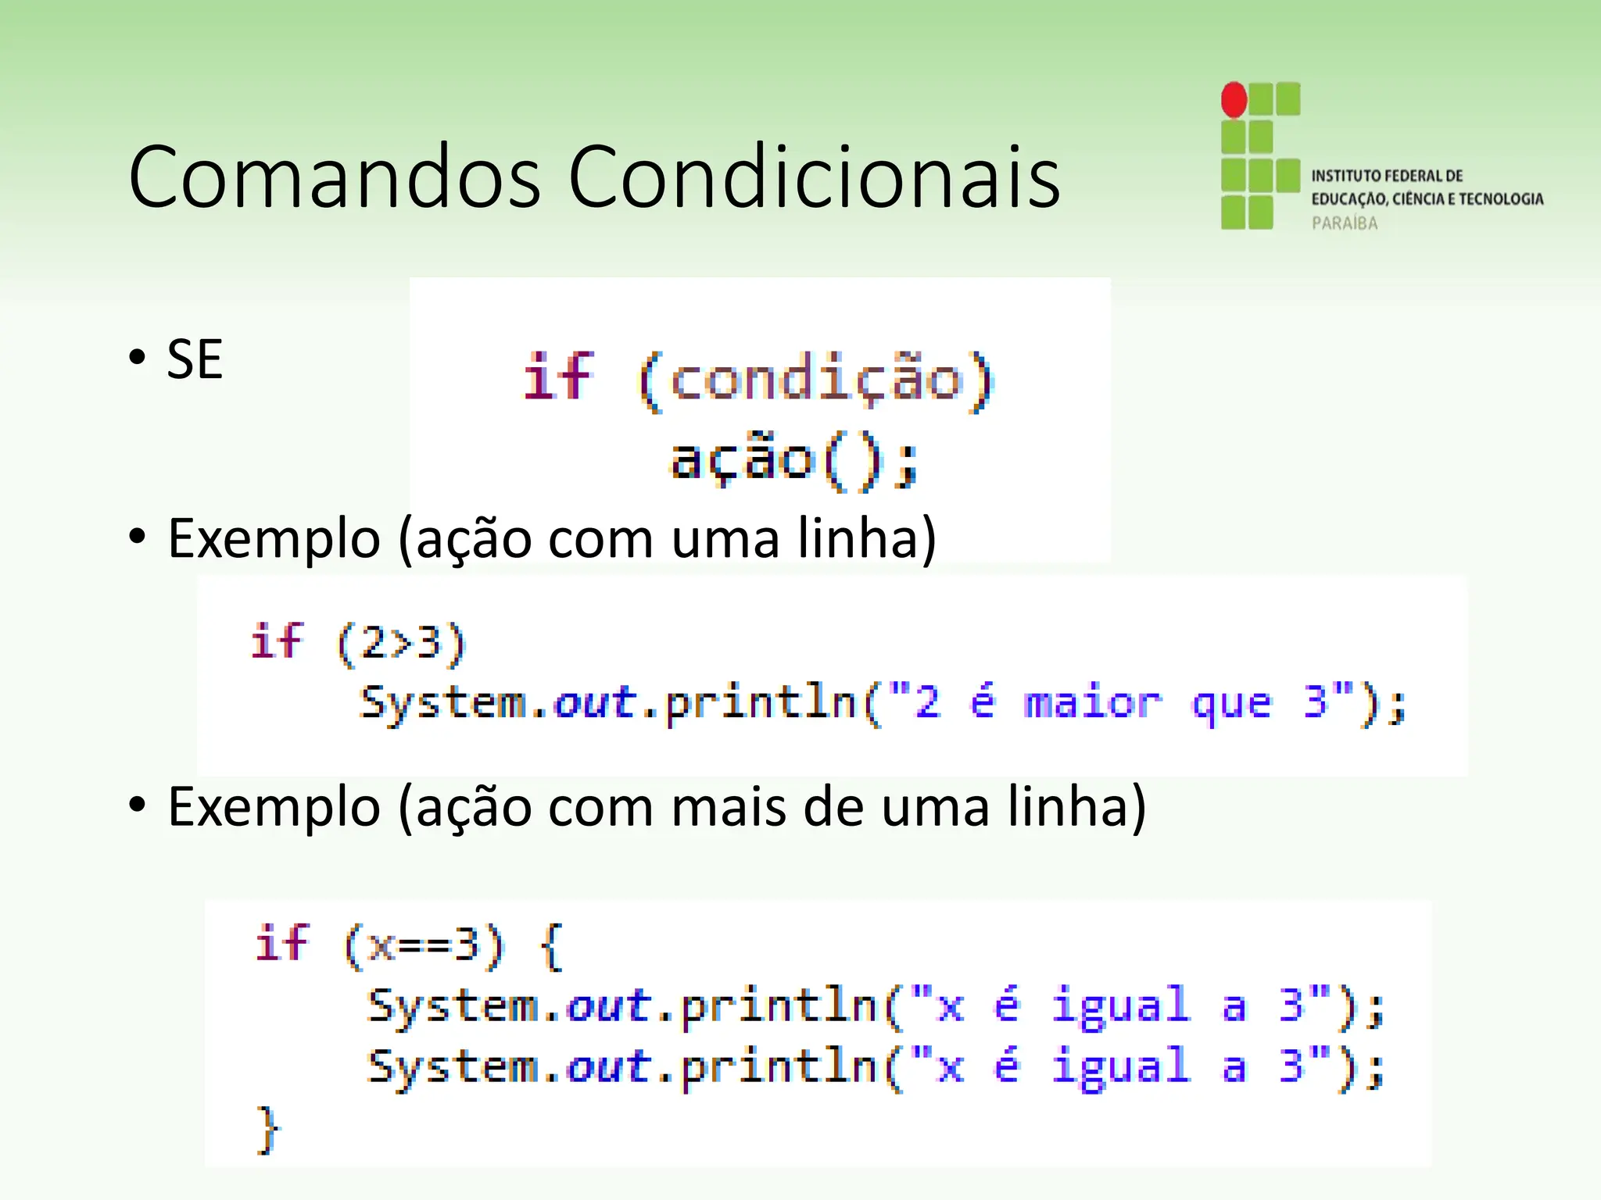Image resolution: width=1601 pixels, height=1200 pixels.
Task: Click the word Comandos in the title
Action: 335,177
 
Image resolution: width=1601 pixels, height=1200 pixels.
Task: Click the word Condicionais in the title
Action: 814,177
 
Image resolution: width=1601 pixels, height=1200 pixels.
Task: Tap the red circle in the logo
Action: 1234,100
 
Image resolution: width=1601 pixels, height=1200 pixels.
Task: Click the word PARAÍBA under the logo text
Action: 1345,223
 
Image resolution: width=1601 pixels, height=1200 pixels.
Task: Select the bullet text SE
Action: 195,360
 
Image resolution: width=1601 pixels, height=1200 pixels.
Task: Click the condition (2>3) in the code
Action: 401,644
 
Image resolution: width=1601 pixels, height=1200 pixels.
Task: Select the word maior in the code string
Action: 1092,702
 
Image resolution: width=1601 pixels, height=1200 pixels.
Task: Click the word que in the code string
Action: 1231,704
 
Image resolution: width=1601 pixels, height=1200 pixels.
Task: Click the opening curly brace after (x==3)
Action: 551,946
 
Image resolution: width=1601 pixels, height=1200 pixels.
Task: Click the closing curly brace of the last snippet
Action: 267,1129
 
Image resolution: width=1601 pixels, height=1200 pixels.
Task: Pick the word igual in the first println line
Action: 1120,1005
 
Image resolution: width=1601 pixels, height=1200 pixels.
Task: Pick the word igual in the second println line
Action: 1120,1067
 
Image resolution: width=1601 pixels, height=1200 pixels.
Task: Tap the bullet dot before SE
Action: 138,358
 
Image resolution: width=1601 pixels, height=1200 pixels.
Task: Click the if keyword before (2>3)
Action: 277,642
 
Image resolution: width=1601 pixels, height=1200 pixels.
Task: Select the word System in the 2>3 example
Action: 443,702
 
